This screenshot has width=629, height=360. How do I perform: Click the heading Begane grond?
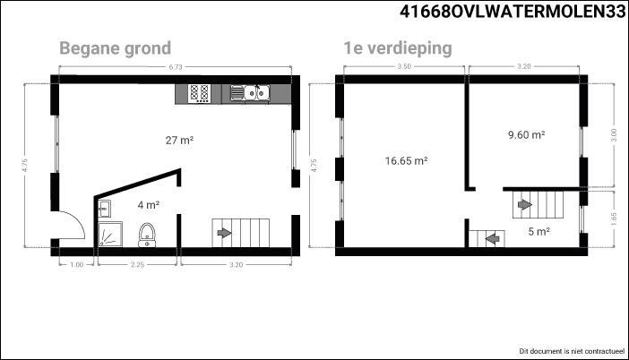click(x=115, y=48)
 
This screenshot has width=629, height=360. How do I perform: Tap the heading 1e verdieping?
click(x=398, y=48)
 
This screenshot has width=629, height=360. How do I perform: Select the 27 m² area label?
click(x=179, y=141)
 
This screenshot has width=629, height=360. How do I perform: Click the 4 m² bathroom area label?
click(x=149, y=205)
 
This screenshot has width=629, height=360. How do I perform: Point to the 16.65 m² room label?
click(x=406, y=161)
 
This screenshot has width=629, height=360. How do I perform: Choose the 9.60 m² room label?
click(x=526, y=134)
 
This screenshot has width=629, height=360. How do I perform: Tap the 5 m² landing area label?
click(x=539, y=231)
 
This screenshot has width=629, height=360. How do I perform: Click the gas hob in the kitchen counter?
click(x=200, y=94)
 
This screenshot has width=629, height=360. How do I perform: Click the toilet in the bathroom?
click(x=147, y=235)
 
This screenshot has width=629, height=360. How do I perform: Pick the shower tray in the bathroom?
click(x=110, y=234)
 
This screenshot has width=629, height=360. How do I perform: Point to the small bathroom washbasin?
click(x=104, y=209)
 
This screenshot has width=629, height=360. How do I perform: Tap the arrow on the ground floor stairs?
click(x=224, y=233)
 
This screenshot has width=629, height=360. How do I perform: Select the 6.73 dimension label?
click(x=176, y=67)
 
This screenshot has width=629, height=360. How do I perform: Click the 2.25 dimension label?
click(x=137, y=264)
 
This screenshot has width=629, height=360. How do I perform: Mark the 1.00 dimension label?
click(x=77, y=264)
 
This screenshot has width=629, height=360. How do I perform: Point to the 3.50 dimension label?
click(x=404, y=66)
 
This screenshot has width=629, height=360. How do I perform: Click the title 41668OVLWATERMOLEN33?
click(x=513, y=12)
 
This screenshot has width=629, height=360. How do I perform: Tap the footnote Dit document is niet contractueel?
click(x=572, y=351)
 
